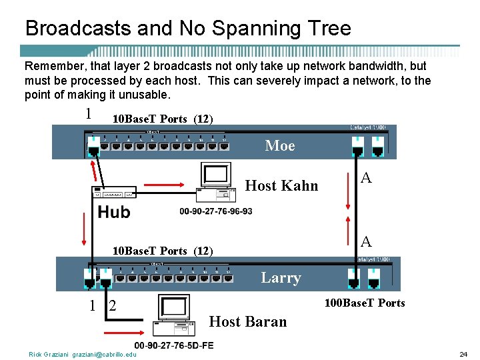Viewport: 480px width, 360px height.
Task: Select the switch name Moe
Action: (x=279, y=145)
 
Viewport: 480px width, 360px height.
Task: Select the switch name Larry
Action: (x=281, y=277)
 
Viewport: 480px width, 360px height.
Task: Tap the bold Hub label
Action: (x=114, y=212)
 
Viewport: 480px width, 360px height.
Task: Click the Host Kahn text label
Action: (x=282, y=185)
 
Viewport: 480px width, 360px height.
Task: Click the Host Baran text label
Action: (x=248, y=321)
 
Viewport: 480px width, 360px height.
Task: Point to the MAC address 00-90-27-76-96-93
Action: (x=216, y=211)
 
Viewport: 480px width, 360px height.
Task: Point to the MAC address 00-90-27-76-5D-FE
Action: (x=174, y=345)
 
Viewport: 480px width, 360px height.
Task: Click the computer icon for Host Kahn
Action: (x=216, y=181)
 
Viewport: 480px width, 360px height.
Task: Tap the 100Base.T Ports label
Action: (x=365, y=303)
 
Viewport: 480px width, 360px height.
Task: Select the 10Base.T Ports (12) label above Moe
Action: (x=163, y=119)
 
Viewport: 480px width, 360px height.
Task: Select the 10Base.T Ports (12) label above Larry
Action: (x=163, y=251)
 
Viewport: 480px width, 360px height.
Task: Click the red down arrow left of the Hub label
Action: (x=84, y=229)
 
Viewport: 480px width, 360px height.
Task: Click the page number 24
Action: (x=463, y=354)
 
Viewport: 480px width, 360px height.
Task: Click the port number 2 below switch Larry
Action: (x=112, y=306)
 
